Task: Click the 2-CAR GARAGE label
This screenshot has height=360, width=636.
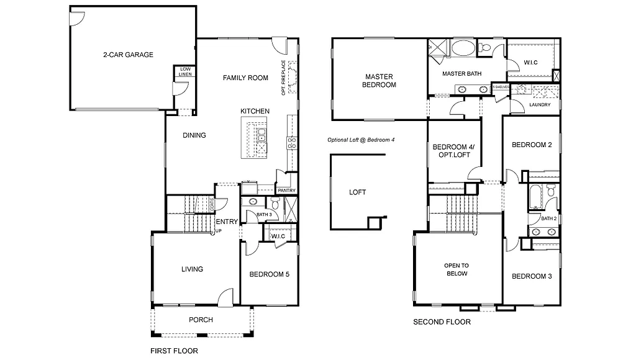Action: (x=128, y=55)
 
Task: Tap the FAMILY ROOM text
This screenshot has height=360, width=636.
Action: (x=246, y=78)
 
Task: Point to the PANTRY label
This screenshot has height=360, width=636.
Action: (x=286, y=191)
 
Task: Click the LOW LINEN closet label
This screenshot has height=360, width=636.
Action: (x=186, y=71)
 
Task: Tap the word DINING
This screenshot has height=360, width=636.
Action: (x=194, y=135)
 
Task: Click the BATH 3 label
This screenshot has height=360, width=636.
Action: (x=265, y=215)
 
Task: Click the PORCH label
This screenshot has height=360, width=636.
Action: (x=201, y=320)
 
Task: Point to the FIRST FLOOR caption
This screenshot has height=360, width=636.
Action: (x=174, y=351)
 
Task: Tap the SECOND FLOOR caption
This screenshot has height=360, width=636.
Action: (x=442, y=322)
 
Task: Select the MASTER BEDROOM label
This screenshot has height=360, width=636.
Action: (x=379, y=81)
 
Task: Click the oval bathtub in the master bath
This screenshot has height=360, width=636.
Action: (x=463, y=48)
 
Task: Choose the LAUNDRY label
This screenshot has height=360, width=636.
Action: (x=540, y=105)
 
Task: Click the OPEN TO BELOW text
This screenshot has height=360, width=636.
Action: (x=456, y=269)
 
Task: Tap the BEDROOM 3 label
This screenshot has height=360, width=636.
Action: (x=532, y=276)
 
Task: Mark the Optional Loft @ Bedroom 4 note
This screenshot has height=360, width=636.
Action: (x=361, y=140)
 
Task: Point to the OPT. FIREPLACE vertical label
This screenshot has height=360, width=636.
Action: (x=283, y=78)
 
